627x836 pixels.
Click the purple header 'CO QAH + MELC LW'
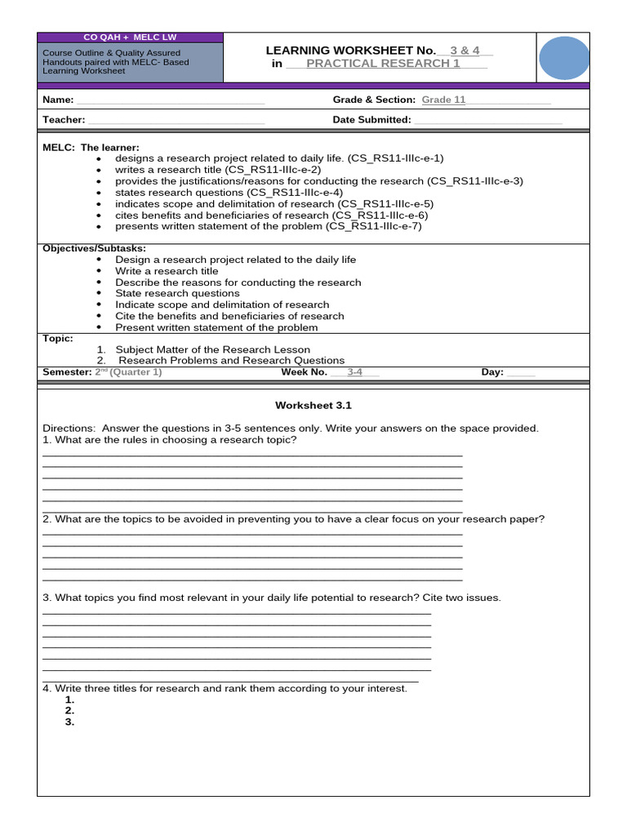coord(130,38)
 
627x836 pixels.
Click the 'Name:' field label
coord(58,100)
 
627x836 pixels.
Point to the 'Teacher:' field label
coord(64,119)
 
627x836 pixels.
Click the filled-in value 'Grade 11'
coord(443,100)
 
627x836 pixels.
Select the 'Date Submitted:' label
coord(371,119)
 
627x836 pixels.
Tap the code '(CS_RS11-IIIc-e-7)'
coord(374,226)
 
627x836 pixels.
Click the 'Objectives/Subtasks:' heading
coord(95,248)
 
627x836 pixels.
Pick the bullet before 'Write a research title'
coord(99,271)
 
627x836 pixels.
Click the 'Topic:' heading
coord(58,338)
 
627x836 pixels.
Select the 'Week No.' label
coord(304,371)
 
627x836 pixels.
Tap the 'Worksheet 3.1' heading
coord(313,405)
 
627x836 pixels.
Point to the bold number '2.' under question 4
coord(69,711)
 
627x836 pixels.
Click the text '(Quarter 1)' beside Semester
coord(136,371)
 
